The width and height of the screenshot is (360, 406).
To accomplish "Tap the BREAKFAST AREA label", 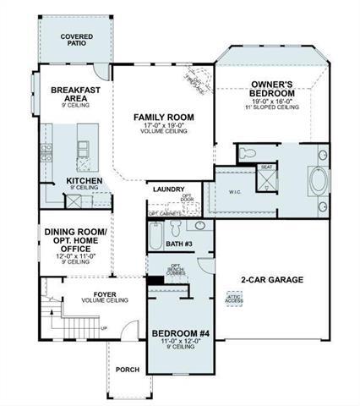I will point(76,95).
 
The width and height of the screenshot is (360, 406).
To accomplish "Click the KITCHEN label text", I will point(85,181).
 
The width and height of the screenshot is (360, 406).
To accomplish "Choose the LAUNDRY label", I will point(167,189).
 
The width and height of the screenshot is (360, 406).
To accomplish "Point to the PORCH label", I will point(128,369).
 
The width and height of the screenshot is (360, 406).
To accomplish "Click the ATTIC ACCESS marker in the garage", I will point(234,298).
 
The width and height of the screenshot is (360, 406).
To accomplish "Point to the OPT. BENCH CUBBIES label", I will point(201,270).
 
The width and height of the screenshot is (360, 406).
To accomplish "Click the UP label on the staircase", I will point(104,328).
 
